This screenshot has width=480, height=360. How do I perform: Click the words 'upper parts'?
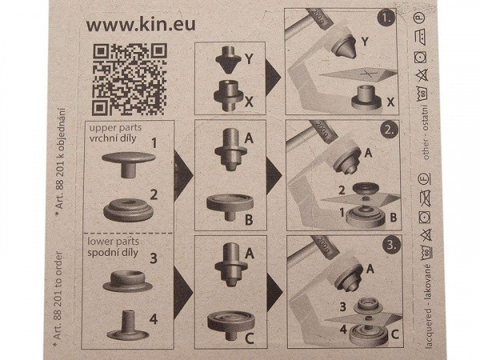click(x=109, y=128)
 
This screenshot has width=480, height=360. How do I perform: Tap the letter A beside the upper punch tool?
click(x=248, y=138)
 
